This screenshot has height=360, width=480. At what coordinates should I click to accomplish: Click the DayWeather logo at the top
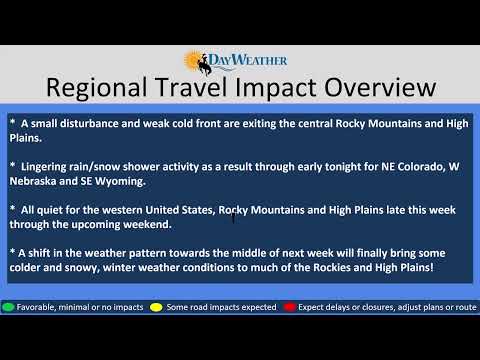(239, 62)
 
